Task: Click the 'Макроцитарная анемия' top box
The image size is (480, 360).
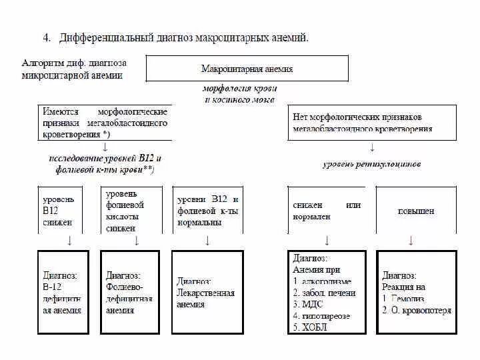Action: [x=247, y=69]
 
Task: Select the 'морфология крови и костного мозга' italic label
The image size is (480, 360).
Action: [x=239, y=93]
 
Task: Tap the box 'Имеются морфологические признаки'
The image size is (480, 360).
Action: [x=105, y=123]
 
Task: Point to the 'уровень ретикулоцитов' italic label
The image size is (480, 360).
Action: [x=372, y=163]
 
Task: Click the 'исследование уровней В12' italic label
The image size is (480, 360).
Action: [x=105, y=164]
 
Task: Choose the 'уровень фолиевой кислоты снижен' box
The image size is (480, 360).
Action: [x=131, y=210]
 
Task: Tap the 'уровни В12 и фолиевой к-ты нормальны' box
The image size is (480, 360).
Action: [x=207, y=211]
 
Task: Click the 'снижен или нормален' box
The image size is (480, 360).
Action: [x=327, y=210]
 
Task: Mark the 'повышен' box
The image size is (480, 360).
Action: [x=416, y=211]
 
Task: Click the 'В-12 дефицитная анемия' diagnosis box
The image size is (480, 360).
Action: [x=63, y=293]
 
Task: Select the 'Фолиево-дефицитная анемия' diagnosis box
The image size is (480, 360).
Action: [x=129, y=293]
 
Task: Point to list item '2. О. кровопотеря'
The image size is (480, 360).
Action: [x=417, y=310]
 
